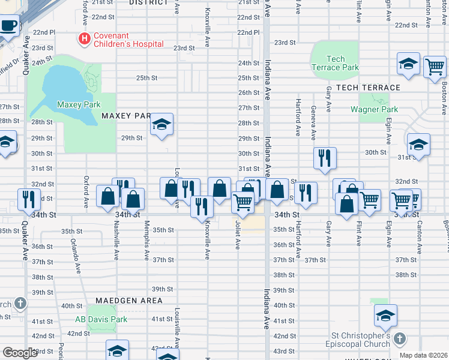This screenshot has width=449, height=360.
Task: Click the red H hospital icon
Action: point(85,40)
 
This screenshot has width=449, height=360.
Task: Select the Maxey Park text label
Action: point(79,104)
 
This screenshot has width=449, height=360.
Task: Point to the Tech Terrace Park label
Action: point(334,63)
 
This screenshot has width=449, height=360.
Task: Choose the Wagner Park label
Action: point(374,109)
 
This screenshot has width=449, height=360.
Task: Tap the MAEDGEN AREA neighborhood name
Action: point(128,300)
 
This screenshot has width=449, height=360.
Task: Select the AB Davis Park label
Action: point(101,319)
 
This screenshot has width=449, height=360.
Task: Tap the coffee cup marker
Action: point(8,26)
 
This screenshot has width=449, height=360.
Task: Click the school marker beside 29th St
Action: point(161,125)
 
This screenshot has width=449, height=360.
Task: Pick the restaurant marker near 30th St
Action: point(324,158)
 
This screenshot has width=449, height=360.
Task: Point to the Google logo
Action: point(20,353)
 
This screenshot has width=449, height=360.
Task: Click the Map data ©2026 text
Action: point(423,355)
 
